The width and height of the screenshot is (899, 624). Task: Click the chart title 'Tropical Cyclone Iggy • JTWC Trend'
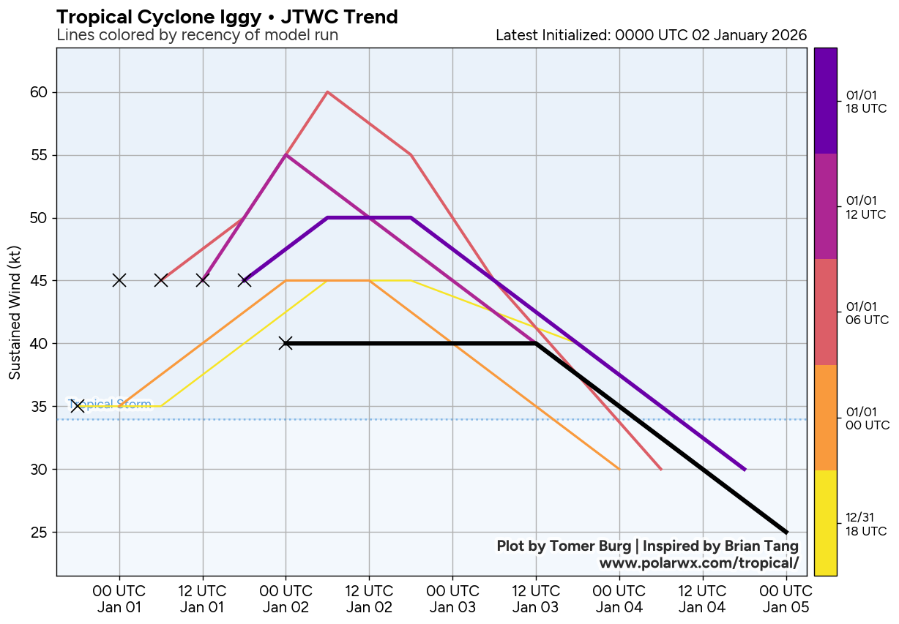[x=227, y=17]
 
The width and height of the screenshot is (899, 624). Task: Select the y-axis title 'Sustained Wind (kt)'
[x=15, y=312]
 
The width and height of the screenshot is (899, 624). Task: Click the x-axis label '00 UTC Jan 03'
[x=452, y=598]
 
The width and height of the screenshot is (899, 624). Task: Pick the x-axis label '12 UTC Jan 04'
[x=703, y=598]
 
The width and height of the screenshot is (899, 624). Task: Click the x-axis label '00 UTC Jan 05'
[x=786, y=598]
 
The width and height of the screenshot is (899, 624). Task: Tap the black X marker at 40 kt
[x=286, y=343]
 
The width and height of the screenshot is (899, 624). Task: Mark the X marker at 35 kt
[x=78, y=406]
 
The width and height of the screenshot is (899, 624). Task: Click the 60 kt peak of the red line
[x=327, y=92]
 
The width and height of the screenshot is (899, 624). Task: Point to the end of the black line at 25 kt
[x=786, y=532]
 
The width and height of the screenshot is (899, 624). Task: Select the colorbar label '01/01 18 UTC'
[x=867, y=101]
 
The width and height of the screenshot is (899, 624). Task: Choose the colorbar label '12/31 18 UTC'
[x=867, y=524]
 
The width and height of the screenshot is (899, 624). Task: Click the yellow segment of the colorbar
[x=825, y=522]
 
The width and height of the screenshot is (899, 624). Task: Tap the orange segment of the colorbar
[x=825, y=417]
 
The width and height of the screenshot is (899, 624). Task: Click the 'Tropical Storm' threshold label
[x=110, y=404]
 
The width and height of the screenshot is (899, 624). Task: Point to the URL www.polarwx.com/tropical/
[x=698, y=563]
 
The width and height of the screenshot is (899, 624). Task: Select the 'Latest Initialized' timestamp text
[x=651, y=35]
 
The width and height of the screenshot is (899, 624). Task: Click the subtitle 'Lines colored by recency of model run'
[x=197, y=35]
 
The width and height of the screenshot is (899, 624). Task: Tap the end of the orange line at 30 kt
[x=619, y=469]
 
